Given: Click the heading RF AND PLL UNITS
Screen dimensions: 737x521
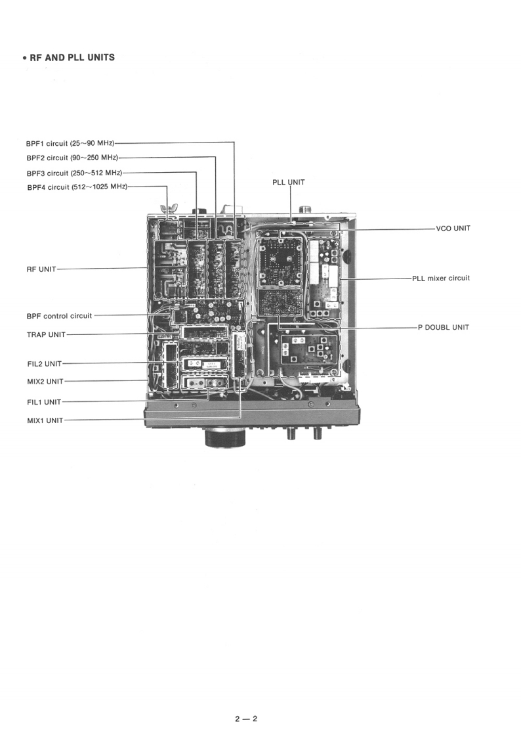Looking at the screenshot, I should pyautogui.click(x=72, y=57).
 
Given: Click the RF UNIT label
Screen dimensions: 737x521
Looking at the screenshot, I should pyautogui.click(x=41, y=269).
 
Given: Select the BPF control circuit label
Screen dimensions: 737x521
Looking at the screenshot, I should pyautogui.click(x=59, y=316).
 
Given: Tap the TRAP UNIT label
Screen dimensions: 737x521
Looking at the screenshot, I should pyautogui.click(x=46, y=334).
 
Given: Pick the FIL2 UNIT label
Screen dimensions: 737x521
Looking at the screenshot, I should pyautogui.click(x=44, y=363).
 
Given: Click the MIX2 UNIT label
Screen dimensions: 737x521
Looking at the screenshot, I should pyautogui.click(x=45, y=381).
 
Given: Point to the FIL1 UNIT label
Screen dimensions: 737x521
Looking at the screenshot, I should pyautogui.click(x=44, y=402).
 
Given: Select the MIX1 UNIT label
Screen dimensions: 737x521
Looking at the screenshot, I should pyautogui.click(x=45, y=420).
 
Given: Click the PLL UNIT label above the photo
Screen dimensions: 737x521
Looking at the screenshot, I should pyautogui.click(x=289, y=182).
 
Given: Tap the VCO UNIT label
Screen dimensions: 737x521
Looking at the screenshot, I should pyautogui.click(x=453, y=229).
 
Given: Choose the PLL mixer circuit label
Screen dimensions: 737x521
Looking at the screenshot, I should pyautogui.click(x=441, y=279).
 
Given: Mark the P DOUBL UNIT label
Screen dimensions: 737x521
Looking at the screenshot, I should pyautogui.click(x=444, y=327).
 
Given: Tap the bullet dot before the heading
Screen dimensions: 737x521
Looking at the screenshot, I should pyautogui.click(x=24, y=58).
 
